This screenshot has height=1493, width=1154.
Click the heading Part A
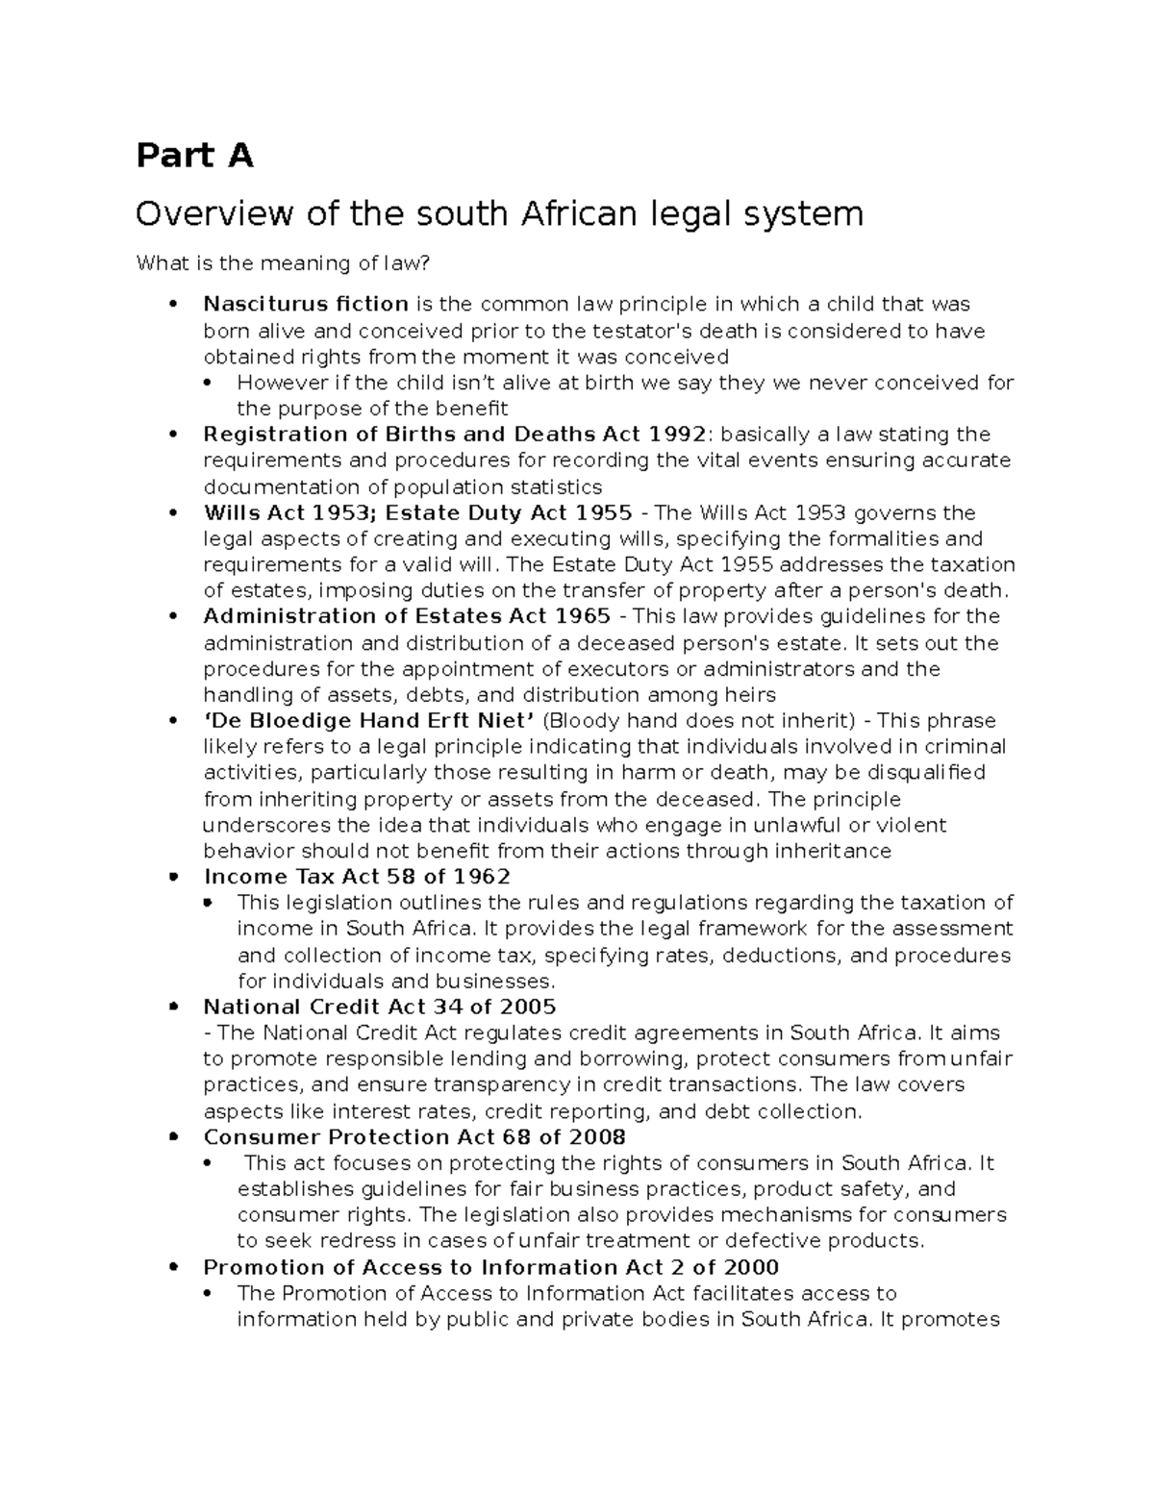click(194, 155)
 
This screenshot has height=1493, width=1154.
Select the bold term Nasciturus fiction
click(306, 305)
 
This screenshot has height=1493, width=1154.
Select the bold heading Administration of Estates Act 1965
click(407, 616)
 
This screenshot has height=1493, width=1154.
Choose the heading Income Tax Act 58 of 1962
click(357, 877)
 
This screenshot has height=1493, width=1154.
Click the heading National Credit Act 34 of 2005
click(380, 1008)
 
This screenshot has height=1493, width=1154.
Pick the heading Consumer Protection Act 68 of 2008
click(414, 1137)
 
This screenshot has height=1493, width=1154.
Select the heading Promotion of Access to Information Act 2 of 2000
click(491, 1267)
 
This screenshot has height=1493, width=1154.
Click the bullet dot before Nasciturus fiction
click(173, 305)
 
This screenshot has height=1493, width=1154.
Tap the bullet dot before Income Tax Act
click(173, 877)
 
